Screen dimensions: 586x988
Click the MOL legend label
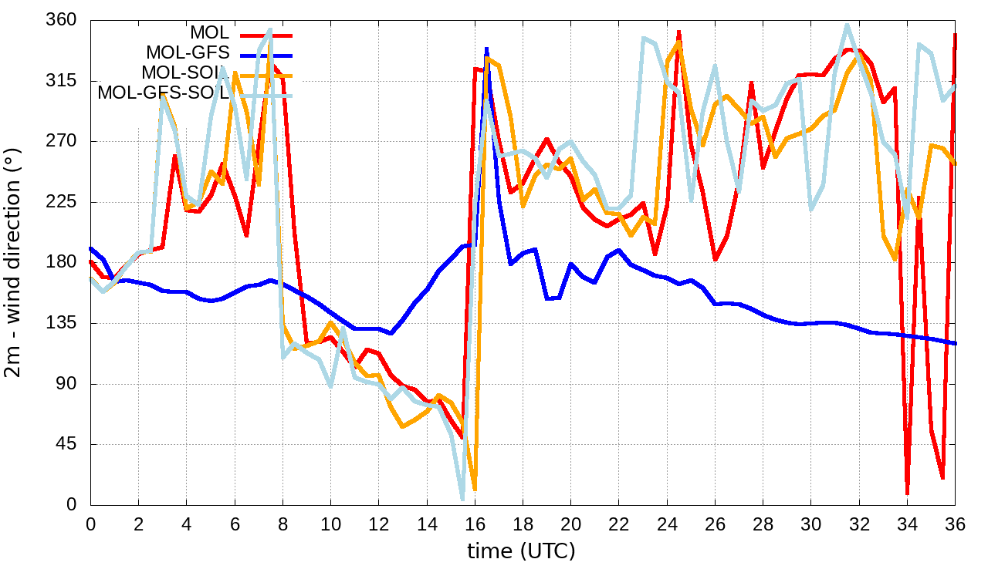point(209,33)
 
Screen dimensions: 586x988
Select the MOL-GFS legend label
point(188,53)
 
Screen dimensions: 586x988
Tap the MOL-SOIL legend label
point(185,73)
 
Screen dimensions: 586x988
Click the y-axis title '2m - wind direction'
point(14,262)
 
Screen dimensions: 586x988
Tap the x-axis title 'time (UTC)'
point(522,551)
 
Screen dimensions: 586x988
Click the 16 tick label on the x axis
point(475,524)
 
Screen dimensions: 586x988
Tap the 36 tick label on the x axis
point(956,524)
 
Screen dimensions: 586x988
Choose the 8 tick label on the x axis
point(283,524)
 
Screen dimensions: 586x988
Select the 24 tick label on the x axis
point(667,524)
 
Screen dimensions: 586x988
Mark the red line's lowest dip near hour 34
point(908,492)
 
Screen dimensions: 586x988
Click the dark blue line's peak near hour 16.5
point(487,49)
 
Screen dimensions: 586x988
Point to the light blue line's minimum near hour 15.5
point(462,499)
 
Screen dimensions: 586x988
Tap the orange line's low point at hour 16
point(475,489)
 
